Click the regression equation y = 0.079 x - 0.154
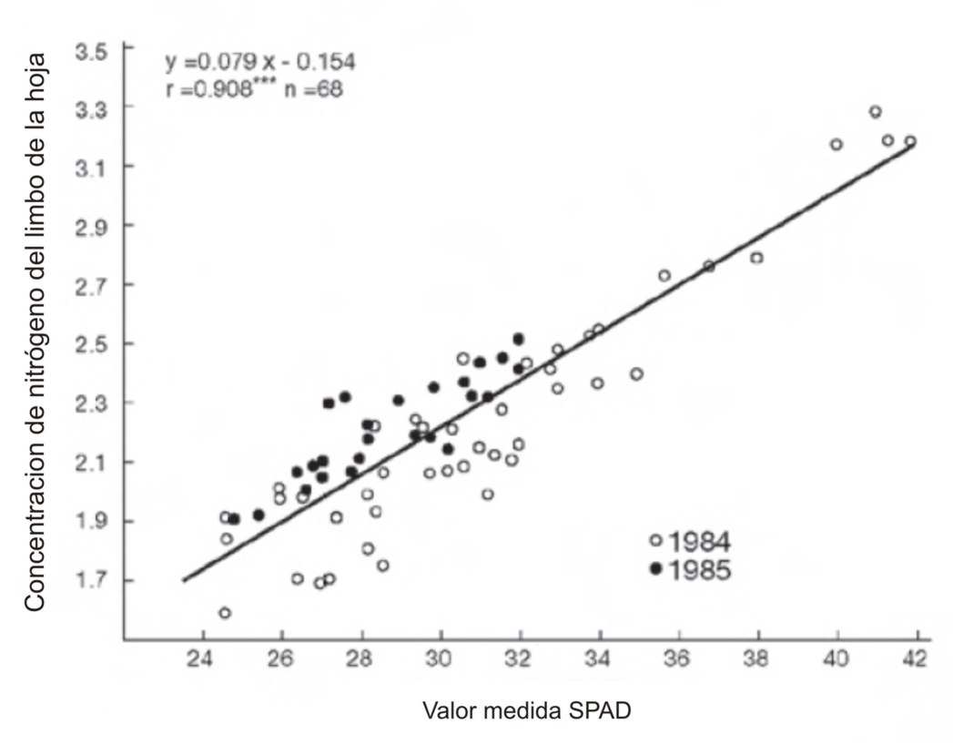point(260,62)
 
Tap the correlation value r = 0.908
point(218,90)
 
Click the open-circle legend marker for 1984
point(655,541)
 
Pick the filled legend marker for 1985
point(655,568)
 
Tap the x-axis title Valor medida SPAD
point(527,711)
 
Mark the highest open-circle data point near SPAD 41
point(876,112)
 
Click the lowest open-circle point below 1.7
point(225,613)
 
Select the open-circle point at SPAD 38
point(756,258)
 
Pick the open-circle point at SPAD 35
point(636,373)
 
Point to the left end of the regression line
point(185,580)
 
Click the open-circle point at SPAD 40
point(836,144)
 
